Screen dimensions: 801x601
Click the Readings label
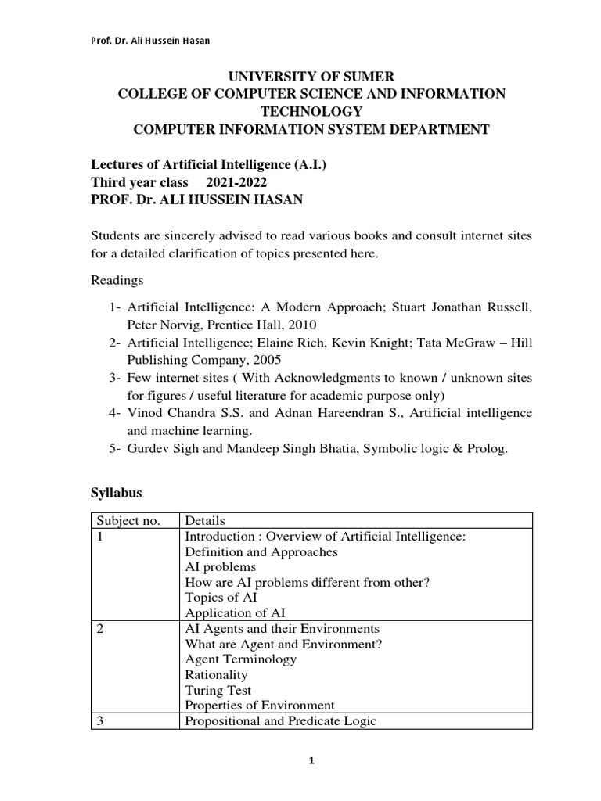click(x=117, y=279)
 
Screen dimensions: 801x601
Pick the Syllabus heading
click(x=117, y=494)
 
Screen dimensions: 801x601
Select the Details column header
click(x=205, y=521)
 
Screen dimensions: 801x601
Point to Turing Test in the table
click(x=218, y=690)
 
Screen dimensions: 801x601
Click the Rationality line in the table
click(x=216, y=674)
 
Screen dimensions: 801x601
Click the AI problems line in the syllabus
click(x=220, y=567)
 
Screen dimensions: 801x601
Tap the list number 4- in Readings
click(x=116, y=412)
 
